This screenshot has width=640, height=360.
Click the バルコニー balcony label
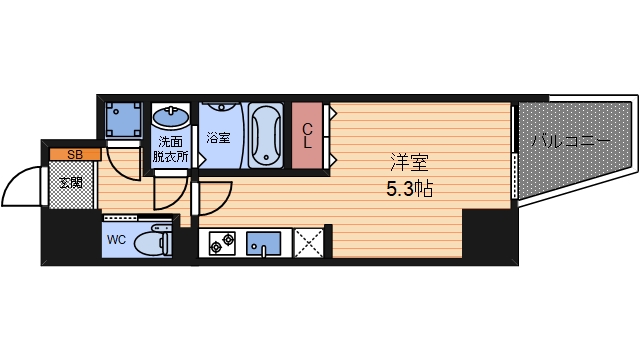pos(570,140)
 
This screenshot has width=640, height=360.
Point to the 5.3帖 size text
pos(410,188)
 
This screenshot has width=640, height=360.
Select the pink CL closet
pos(308,135)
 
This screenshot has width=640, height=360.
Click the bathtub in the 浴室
pos(265,135)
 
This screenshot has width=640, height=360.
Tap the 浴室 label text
pos(218,138)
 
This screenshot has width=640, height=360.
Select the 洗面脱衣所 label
pos(170,148)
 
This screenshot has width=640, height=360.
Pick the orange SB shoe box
pos(74,154)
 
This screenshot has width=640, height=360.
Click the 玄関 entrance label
pos(70,182)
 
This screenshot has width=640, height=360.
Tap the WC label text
pos(116,240)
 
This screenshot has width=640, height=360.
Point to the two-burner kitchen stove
pos(222,242)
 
